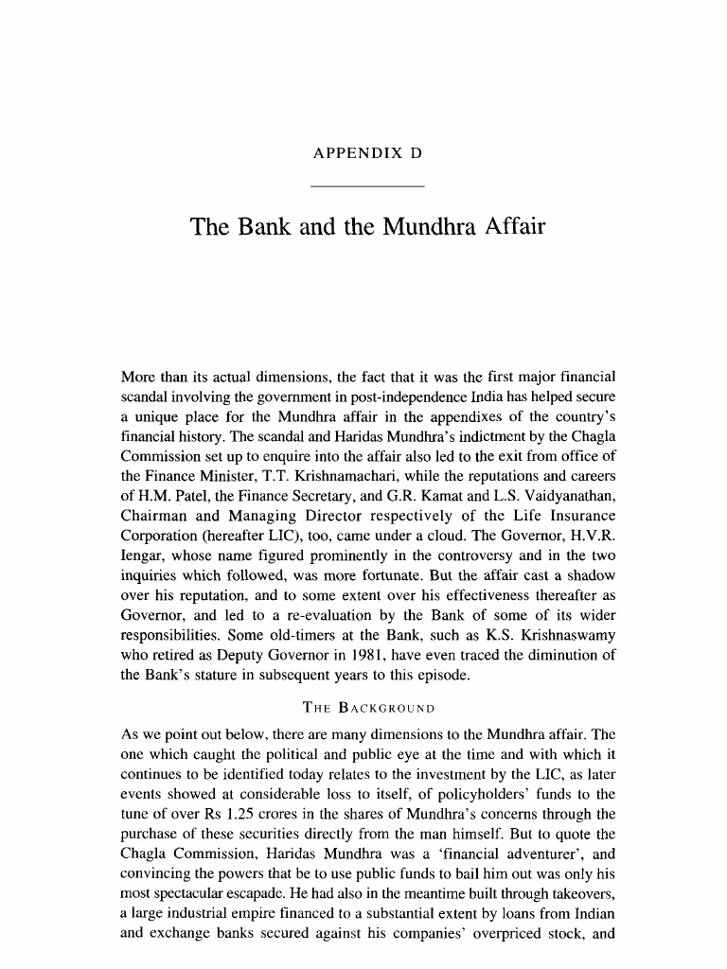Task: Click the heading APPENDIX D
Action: coord(367,153)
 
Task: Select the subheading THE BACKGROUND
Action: coord(367,708)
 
